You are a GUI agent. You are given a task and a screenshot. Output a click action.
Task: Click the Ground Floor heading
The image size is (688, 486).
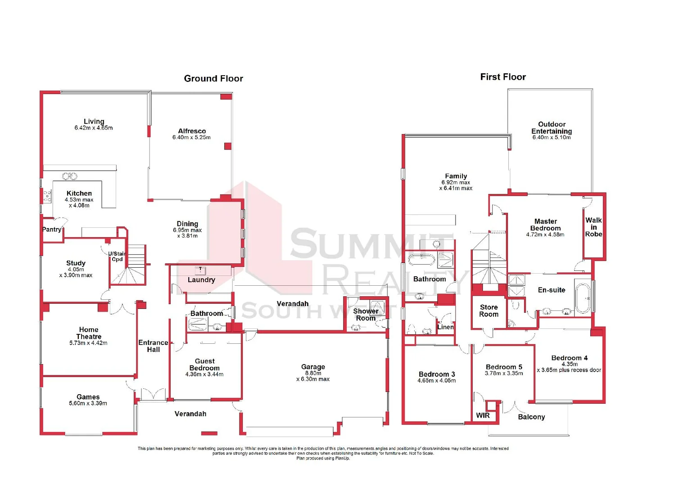click(213, 79)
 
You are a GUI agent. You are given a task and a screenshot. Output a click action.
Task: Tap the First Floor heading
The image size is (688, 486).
click(503, 77)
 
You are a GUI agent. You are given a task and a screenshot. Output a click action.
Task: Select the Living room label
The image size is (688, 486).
click(94, 121)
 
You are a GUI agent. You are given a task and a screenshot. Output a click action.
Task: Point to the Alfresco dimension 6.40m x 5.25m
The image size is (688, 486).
click(191, 137)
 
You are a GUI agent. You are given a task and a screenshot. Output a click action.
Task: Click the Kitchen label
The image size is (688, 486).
click(79, 193)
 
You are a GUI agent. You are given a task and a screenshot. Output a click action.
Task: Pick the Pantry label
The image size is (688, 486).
click(52, 229)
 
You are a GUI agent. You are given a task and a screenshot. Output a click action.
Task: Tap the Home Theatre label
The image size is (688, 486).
click(89, 333)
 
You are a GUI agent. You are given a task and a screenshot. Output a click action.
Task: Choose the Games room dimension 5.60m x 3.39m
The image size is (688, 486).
click(88, 404)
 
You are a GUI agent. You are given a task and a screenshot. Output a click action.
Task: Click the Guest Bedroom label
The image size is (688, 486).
click(205, 364)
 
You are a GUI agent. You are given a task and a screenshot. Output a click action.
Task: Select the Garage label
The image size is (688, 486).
click(313, 367)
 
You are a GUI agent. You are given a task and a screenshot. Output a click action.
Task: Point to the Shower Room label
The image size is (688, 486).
click(366, 315)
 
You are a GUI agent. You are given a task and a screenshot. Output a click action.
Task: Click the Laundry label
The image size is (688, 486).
click(201, 280)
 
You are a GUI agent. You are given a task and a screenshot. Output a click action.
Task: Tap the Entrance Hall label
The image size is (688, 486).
click(153, 346)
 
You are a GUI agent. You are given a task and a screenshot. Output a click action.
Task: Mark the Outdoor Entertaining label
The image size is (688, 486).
click(552, 128)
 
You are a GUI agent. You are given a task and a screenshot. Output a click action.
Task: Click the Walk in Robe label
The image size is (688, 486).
click(593, 227)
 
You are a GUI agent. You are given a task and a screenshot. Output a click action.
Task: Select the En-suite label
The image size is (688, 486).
click(552, 290)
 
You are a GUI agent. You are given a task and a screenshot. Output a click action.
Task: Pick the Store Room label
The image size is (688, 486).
click(489, 311)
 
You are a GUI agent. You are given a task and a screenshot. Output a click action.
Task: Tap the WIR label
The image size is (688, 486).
click(483, 415)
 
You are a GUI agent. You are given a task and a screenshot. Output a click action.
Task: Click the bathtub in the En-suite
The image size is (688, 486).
click(583, 297)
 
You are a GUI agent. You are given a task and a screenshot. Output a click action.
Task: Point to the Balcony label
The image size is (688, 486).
click(531, 417)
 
